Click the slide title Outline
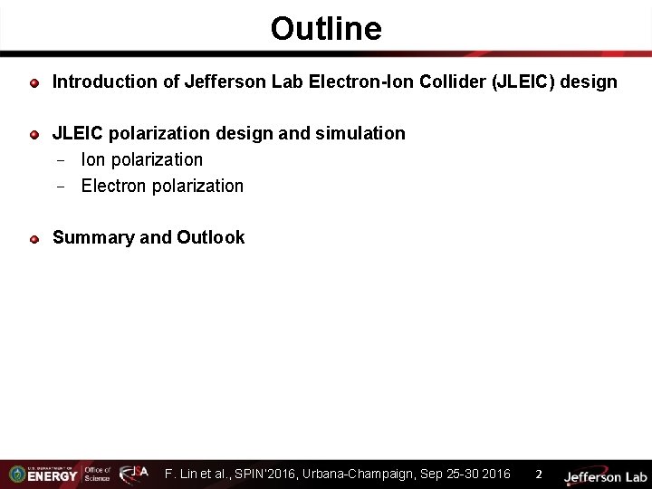click(x=326, y=29)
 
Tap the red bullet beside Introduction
click(x=34, y=83)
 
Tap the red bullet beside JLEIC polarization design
click(x=34, y=135)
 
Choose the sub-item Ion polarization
click(x=141, y=159)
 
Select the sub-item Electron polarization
click(x=162, y=186)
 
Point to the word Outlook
click(x=211, y=237)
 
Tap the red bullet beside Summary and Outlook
click(x=34, y=239)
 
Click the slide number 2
click(x=539, y=474)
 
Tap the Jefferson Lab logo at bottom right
click(x=605, y=475)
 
